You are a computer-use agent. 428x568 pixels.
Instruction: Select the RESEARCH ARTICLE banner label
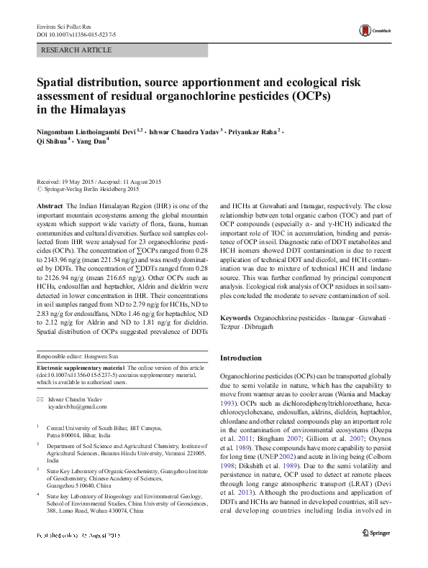(78, 50)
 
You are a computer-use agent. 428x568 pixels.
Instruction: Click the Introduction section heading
(240, 358)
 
